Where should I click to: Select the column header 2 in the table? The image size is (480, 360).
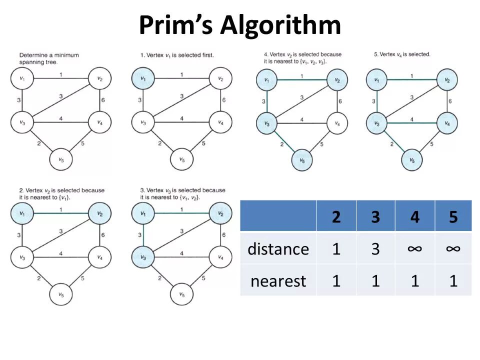335,216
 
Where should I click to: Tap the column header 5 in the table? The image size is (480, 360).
453,216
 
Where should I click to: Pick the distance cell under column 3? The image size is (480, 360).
375,248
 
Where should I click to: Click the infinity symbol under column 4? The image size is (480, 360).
414,248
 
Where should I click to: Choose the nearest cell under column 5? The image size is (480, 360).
453,280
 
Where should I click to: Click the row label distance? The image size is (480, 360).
278,248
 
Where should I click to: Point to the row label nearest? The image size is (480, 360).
278,281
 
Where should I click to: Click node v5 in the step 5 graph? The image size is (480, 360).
412,160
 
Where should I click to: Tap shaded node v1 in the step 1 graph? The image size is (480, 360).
143,78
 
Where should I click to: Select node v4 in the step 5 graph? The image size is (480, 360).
447,122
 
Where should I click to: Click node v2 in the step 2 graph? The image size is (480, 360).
100,213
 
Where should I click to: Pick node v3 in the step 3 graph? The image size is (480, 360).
143,257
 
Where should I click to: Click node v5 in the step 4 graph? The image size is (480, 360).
302,160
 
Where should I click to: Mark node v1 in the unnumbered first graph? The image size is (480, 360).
22,78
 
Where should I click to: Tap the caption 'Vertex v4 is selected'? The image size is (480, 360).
402,54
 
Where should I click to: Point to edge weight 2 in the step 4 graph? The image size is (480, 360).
281,145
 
